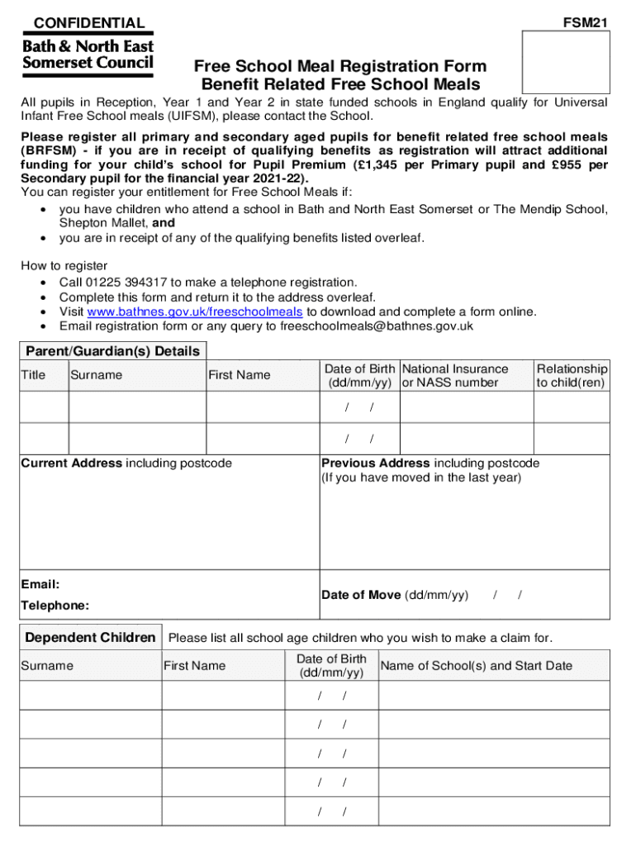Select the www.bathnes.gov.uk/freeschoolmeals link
195,311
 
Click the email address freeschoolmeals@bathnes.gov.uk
377,326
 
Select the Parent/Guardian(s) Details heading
113,351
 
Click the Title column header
33,375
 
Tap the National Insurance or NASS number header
454,375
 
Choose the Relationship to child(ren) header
572,375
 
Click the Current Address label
71,463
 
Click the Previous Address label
376,463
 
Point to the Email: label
40,584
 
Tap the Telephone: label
55,606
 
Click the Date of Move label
361,595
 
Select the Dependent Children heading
90,637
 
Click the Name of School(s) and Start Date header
476,666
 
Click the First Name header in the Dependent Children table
194,666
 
